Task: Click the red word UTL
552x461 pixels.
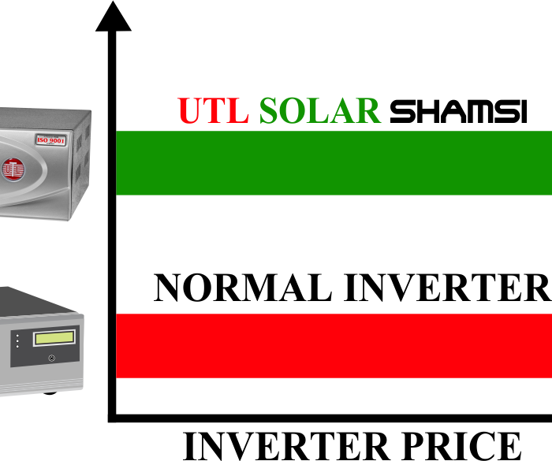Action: (x=214, y=110)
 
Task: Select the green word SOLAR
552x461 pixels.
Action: (x=320, y=110)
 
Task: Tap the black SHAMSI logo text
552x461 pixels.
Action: (x=458, y=111)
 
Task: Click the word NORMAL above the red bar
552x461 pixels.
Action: (x=243, y=288)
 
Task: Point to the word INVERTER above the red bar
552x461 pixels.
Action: (x=448, y=288)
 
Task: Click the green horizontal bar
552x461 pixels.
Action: (x=334, y=162)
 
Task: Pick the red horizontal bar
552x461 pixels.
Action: (x=334, y=346)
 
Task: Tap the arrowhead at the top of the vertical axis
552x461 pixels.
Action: (x=114, y=17)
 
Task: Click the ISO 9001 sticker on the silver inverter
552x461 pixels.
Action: (x=51, y=140)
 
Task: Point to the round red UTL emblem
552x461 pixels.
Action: (x=13, y=169)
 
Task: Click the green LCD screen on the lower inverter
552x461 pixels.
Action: (x=54, y=338)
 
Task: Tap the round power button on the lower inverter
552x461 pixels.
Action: (x=52, y=359)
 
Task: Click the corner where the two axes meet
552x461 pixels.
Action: (x=112, y=418)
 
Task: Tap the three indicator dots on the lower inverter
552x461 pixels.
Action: (x=17, y=341)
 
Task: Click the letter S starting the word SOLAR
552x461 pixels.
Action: (x=267, y=110)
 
